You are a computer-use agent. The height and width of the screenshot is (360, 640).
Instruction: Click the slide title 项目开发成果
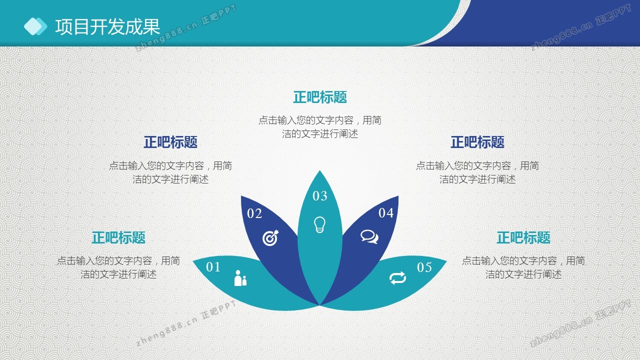(x=107, y=27)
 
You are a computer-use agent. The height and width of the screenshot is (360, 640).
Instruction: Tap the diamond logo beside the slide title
(x=35, y=26)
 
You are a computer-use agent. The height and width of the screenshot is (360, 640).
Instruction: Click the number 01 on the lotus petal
(x=213, y=267)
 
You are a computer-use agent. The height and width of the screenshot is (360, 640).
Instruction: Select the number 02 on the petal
(x=254, y=213)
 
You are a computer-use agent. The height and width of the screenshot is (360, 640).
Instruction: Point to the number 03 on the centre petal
(x=319, y=196)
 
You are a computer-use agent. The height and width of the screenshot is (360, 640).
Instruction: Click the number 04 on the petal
(x=386, y=213)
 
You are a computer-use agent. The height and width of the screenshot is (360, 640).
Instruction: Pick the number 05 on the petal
(x=424, y=267)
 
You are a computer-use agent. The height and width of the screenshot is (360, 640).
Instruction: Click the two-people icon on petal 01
(x=240, y=278)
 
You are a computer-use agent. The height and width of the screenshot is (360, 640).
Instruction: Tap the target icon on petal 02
(x=270, y=237)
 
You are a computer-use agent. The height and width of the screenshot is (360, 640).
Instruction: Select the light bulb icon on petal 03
(x=319, y=224)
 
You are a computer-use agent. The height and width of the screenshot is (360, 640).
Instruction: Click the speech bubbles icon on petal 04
(x=369, y=236)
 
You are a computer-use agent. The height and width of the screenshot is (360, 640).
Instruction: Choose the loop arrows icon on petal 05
(x=397, y=278)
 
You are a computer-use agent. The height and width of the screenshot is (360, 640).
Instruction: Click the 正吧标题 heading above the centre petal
(x=320, y=97)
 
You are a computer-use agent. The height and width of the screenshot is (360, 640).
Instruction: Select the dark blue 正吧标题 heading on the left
(x=170, y=142)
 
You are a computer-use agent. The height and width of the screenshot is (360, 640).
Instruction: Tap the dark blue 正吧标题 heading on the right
(x=477, y=142)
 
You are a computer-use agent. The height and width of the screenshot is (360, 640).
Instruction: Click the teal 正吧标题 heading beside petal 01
(x=118, y=237)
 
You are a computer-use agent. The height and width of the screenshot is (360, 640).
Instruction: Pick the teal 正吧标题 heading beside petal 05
(x=523, y=237)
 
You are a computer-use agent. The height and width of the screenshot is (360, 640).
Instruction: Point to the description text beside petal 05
(x=523, y=267)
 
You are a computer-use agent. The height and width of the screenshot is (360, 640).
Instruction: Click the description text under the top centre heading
(x=320, y=127)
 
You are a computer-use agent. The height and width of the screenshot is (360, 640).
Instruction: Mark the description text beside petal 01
(x=118, y=267)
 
